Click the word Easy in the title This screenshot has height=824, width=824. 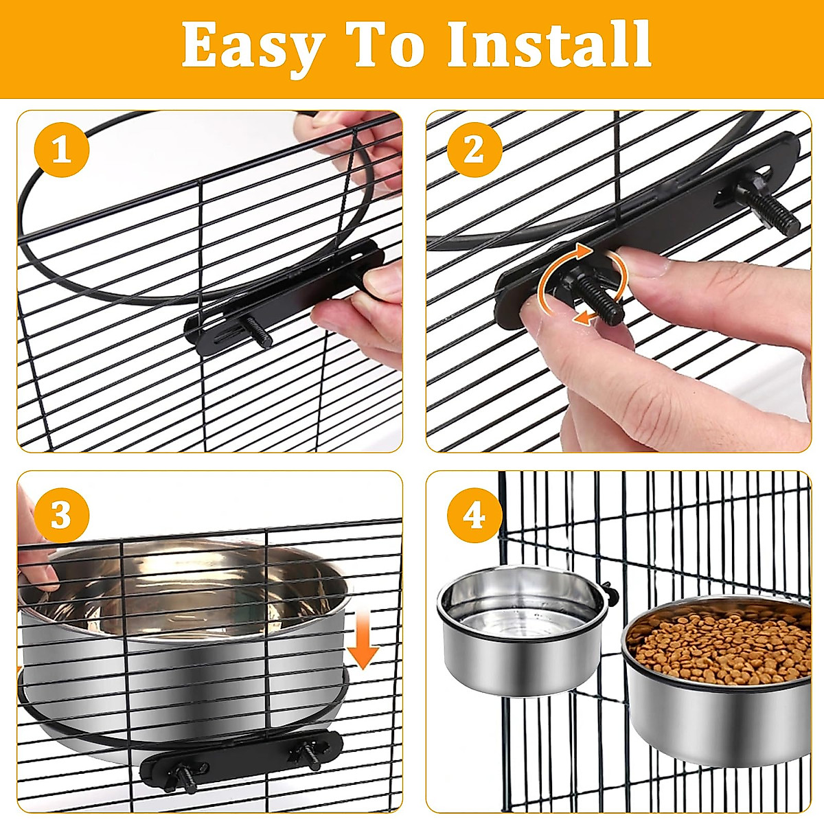[253, 45]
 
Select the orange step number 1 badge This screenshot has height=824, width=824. [62, 150]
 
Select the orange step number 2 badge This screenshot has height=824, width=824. [474, 150]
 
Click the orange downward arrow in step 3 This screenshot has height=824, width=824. [363, 643]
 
